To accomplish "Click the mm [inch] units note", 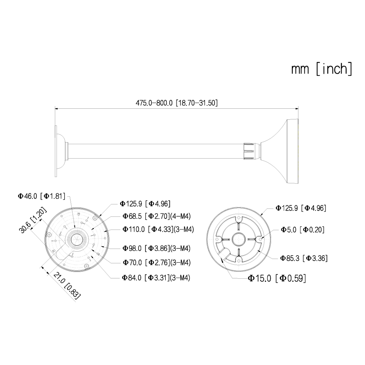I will coord(322,69).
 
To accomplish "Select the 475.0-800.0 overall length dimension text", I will coord(177,103).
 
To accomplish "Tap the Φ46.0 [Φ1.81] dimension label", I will coord(42,196).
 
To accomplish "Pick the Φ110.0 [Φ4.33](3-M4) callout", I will coord(158,230).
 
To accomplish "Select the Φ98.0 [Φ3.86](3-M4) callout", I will coord(156,248).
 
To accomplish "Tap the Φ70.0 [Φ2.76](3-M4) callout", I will coord(156,263).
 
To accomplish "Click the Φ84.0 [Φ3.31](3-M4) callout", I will coord(156,277).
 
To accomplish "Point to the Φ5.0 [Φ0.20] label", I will coord(303,230).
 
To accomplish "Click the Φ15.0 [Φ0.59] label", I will coord(277,278).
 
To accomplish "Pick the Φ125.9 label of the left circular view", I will coord(145,204).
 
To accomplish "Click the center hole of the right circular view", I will coord(238,240).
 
